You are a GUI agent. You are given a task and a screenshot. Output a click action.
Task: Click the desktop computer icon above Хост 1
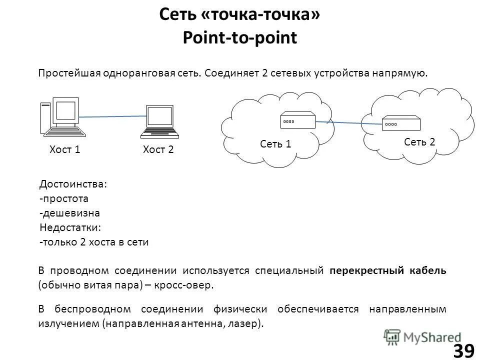coord(62,117)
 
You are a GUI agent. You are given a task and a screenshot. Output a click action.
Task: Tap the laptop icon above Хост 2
coord(159,121)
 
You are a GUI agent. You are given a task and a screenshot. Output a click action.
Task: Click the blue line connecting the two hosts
coord(112,117)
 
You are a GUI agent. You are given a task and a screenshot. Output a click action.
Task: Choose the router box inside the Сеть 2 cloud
coord(401,122)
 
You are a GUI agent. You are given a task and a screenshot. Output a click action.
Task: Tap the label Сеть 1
coord(275,144)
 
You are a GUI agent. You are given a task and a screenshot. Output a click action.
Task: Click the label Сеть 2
coord(419,142)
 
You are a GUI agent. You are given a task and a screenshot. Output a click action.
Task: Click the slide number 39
coord(463,351)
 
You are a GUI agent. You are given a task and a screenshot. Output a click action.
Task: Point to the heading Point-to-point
coord(240,37)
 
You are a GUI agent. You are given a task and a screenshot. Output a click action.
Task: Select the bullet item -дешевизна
coord(69,213)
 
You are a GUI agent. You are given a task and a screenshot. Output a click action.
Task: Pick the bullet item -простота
coord(63,198)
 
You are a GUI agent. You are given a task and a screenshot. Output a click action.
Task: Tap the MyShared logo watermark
coord(422,336)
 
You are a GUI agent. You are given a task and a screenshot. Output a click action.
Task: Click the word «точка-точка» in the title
coord(260,14)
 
